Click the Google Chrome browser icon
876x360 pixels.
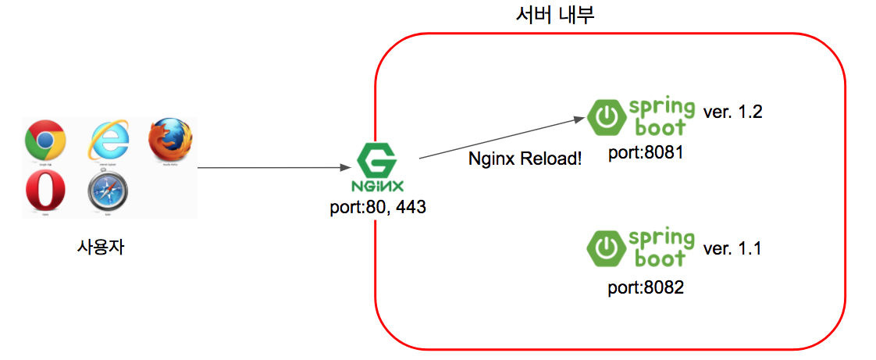pos(45,140)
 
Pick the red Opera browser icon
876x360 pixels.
pos(45,191)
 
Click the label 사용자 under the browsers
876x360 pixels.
pos(101,248)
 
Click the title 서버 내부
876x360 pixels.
pos(555,15)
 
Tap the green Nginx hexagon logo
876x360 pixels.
pos(377,161)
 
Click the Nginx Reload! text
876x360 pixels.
pos(525,159)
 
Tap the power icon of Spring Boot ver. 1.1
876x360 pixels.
pos(604,248)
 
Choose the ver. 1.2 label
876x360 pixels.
pos(732,112)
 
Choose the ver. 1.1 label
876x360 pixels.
pos(732,248)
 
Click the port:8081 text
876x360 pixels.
pos(646,152)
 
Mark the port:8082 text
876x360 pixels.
pos(646,287)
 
